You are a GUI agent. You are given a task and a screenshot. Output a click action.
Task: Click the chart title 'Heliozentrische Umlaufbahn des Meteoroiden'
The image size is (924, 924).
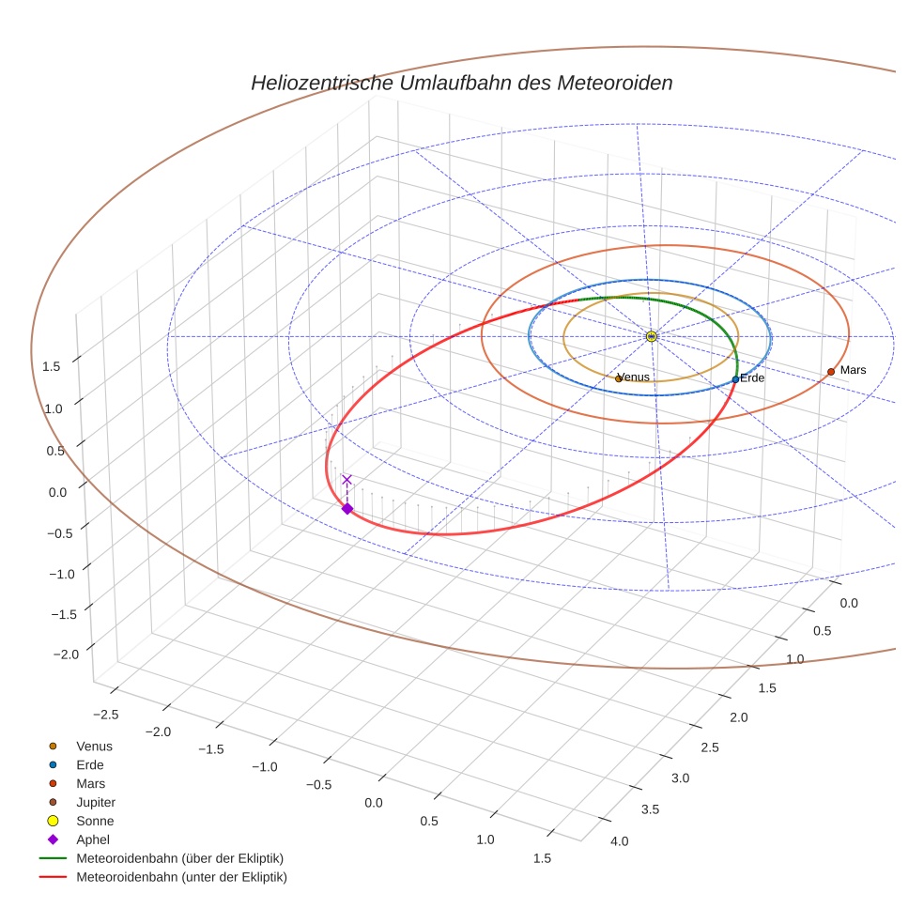pyautogui.click(x=461, y=83)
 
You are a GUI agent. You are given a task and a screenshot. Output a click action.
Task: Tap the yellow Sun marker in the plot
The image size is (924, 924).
pyautogui.click(x=652, y=336)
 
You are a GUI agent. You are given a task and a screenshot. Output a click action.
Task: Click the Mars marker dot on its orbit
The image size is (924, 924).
pyautogui.click(x=831, y=372)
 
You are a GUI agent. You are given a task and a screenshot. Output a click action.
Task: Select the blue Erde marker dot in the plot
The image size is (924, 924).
pyautogui.click(x=735, y=379)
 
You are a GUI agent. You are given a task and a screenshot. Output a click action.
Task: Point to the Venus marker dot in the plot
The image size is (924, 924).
pyautogui.click(x=618, y=378)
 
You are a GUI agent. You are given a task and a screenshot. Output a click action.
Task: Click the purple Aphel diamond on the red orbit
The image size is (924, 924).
pyautogui.click(x=346, y=509)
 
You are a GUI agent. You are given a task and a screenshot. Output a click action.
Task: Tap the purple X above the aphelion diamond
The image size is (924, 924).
pyautogui.click(x=346, y=480)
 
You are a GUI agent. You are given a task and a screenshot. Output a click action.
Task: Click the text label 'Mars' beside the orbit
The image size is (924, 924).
pyautogui.click(x=853, y=370)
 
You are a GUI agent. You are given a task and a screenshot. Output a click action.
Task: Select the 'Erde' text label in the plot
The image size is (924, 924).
pyautogui.click(x=752, y=378)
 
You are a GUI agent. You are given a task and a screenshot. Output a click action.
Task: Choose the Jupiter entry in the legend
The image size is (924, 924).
pyautogui.click(x=95, y=802)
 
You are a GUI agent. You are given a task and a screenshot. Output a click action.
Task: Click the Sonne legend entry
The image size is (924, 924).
pyautogui.click(x=95, y=821)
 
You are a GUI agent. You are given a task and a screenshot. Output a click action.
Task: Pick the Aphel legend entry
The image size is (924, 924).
pyautogui.click(x=93, y=839)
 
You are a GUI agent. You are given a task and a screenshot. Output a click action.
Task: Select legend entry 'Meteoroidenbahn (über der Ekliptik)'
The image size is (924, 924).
pyautogui.click(x=179, y=858)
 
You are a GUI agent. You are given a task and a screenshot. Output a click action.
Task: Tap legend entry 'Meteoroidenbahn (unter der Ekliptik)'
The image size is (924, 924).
pyautogui.click(x=181, y=877)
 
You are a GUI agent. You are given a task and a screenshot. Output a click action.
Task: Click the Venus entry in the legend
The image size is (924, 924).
pyautogui.click(x=94, y=746)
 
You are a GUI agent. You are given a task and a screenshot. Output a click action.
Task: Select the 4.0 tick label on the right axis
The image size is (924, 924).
pyautogui.click(x=620, y=840)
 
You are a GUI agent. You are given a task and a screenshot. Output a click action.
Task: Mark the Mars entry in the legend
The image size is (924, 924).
pyautogui.click(x=90, y=783)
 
